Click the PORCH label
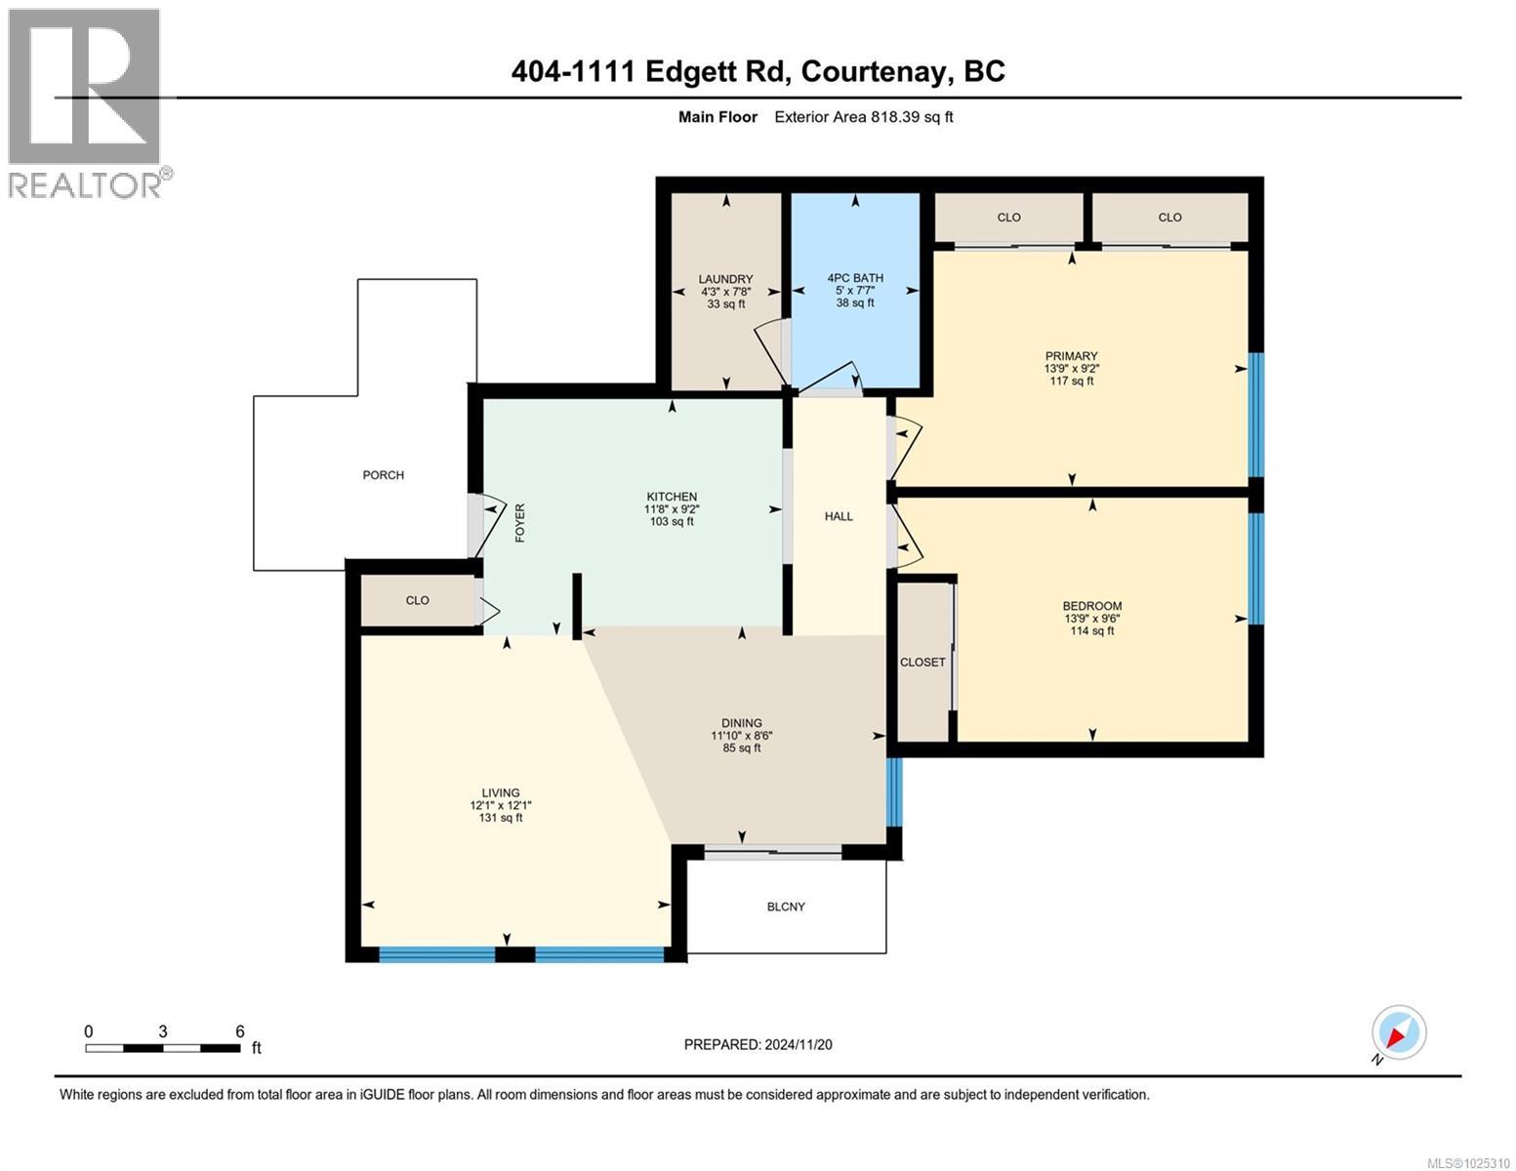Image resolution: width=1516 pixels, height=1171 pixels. tap(383, 475)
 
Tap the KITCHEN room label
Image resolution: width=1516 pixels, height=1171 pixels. tap(672, 497)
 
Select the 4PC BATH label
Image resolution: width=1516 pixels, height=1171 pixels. tap(855, 278)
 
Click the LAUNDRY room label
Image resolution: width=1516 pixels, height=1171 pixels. tap(725, 279)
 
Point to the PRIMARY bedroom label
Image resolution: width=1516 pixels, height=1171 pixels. tap(1071, 356)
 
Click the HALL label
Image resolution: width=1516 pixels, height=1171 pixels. tap(839, 516)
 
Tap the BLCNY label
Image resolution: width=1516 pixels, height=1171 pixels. tap(786, 907)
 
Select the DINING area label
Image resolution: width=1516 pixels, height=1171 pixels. tap(742, 723)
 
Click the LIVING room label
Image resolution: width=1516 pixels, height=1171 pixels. tap(500, 792)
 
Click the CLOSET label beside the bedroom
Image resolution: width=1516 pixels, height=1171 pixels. tap(922, 662)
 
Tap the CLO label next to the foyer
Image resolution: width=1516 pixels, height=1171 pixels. tap(417, 600)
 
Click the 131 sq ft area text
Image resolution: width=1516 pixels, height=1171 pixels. tap(500, 818)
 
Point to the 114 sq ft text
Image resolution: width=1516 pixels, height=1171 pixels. tap(1092, 631)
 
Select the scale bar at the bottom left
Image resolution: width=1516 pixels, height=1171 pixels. tap(163, 1048)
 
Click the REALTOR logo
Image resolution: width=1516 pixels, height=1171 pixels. tap(86, 102)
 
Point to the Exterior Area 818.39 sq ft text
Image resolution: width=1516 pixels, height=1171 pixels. tap(863, 117)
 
